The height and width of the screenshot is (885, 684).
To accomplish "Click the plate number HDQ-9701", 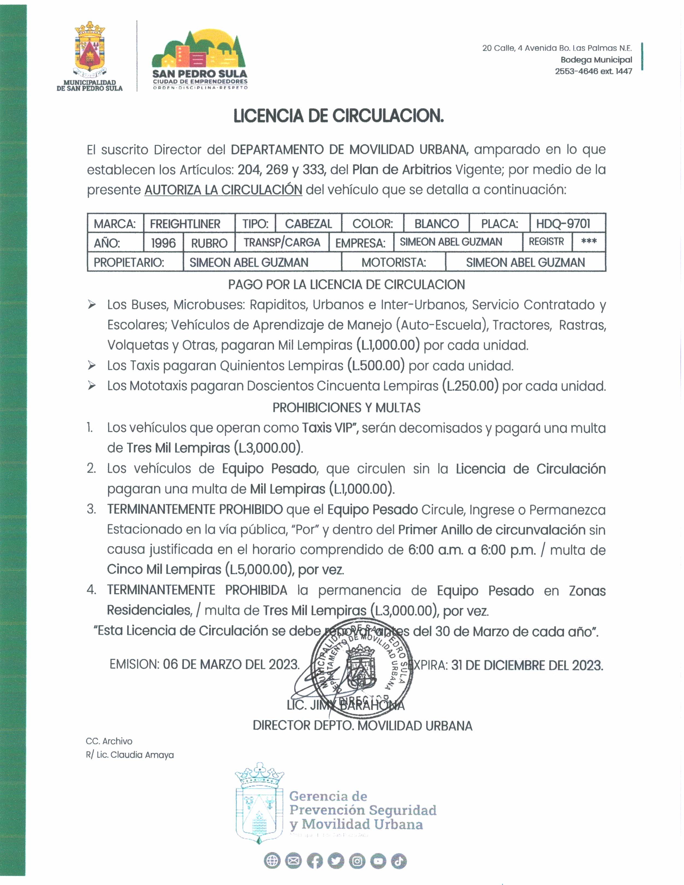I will click(563, 224).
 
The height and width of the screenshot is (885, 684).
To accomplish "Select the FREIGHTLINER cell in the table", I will click(185, 224).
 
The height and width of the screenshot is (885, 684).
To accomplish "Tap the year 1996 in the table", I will click(163, 243).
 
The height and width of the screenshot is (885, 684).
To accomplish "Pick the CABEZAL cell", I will click(308, 224).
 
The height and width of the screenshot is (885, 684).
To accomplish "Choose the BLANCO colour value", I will click(436, 224).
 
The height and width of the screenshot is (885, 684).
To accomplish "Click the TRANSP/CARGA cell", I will click(282, 242).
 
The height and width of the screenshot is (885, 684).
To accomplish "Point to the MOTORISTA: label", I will click(393, 263).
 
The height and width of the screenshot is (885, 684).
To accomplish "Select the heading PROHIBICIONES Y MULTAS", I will click(346, 408).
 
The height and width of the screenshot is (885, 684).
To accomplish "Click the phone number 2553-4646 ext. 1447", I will click(593, 71).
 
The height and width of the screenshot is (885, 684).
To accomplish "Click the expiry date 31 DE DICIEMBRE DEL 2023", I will click(527, 665).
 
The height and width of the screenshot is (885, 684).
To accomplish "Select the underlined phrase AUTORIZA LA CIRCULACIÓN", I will click(223, 190).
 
